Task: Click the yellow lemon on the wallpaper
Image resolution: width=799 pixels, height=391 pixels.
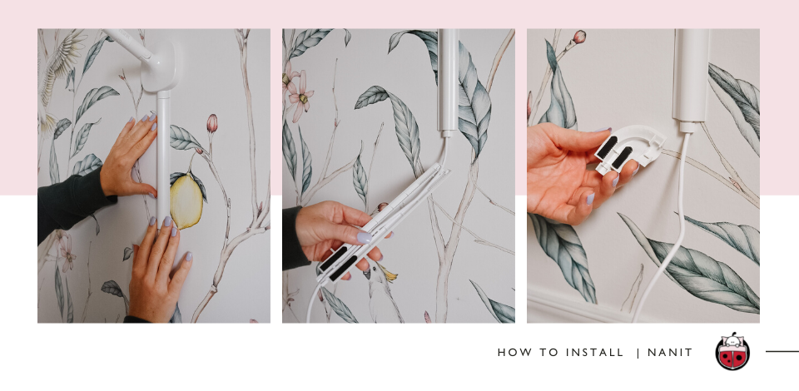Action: tap(186, 200)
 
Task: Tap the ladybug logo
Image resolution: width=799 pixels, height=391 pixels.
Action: tap(732, 351)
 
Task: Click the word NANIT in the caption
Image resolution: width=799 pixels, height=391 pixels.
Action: tap(669, 352)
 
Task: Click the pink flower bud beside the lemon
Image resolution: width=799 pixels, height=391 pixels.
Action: tap(212, 123)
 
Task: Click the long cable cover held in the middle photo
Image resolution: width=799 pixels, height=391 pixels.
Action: tap(381, 224)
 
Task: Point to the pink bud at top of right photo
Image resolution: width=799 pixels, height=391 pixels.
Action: tap(579, 37)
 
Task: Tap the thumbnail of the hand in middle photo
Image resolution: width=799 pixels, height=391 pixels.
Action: tap(364, 237)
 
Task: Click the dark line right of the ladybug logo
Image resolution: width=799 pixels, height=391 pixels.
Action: tap(782, 351)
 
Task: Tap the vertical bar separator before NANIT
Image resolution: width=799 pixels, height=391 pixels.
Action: tap(638, 352)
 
